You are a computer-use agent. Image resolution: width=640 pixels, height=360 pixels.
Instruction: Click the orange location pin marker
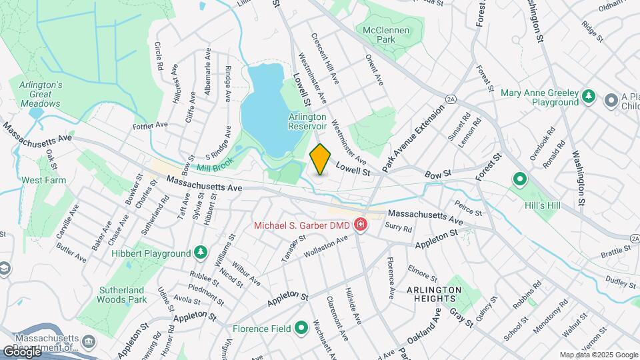[x=321, y=159]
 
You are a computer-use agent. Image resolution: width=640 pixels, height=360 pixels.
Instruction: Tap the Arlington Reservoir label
[x=307, y=121]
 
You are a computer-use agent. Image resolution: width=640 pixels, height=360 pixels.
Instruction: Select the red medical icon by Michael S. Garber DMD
[x=361, y=225]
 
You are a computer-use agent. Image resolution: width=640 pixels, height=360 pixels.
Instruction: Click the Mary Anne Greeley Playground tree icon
[x=589, y=97]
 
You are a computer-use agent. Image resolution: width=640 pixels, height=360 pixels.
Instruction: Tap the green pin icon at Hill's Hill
[x=519, y=179]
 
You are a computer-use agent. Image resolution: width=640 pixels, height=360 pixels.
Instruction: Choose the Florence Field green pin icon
[x=301, y=328]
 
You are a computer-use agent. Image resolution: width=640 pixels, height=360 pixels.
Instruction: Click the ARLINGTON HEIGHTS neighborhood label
[x=434, y=294]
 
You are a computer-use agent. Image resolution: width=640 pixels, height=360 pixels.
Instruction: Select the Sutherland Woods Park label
[x=123, y=295]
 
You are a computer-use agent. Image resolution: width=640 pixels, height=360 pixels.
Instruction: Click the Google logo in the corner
[x=22, y=351]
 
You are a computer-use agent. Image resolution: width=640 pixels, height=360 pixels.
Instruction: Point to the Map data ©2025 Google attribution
[x=599, y=355]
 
